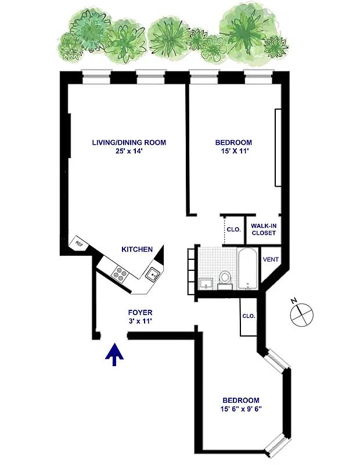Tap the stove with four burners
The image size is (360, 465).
point(120,273)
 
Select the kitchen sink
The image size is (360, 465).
point(153,274)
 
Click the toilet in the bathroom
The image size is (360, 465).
point(226,278)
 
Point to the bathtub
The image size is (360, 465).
point(248,269)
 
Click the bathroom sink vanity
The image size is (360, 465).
point(207,283)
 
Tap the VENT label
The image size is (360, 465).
point(270,259)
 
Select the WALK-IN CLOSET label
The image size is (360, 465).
point(263,229)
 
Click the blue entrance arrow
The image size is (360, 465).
point(114,354)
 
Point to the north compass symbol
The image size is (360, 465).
point(301,313)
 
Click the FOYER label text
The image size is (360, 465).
point(140,313)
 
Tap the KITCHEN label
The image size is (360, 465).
point(137,249)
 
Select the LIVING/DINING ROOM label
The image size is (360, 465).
point(129,142)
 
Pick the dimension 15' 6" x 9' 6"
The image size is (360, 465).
point(241,409)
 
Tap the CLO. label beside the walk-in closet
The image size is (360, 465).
point(233,229)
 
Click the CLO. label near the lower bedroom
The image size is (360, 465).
point(249,316)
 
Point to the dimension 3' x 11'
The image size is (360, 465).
point(140,321)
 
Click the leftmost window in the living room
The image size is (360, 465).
point(96,74)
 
